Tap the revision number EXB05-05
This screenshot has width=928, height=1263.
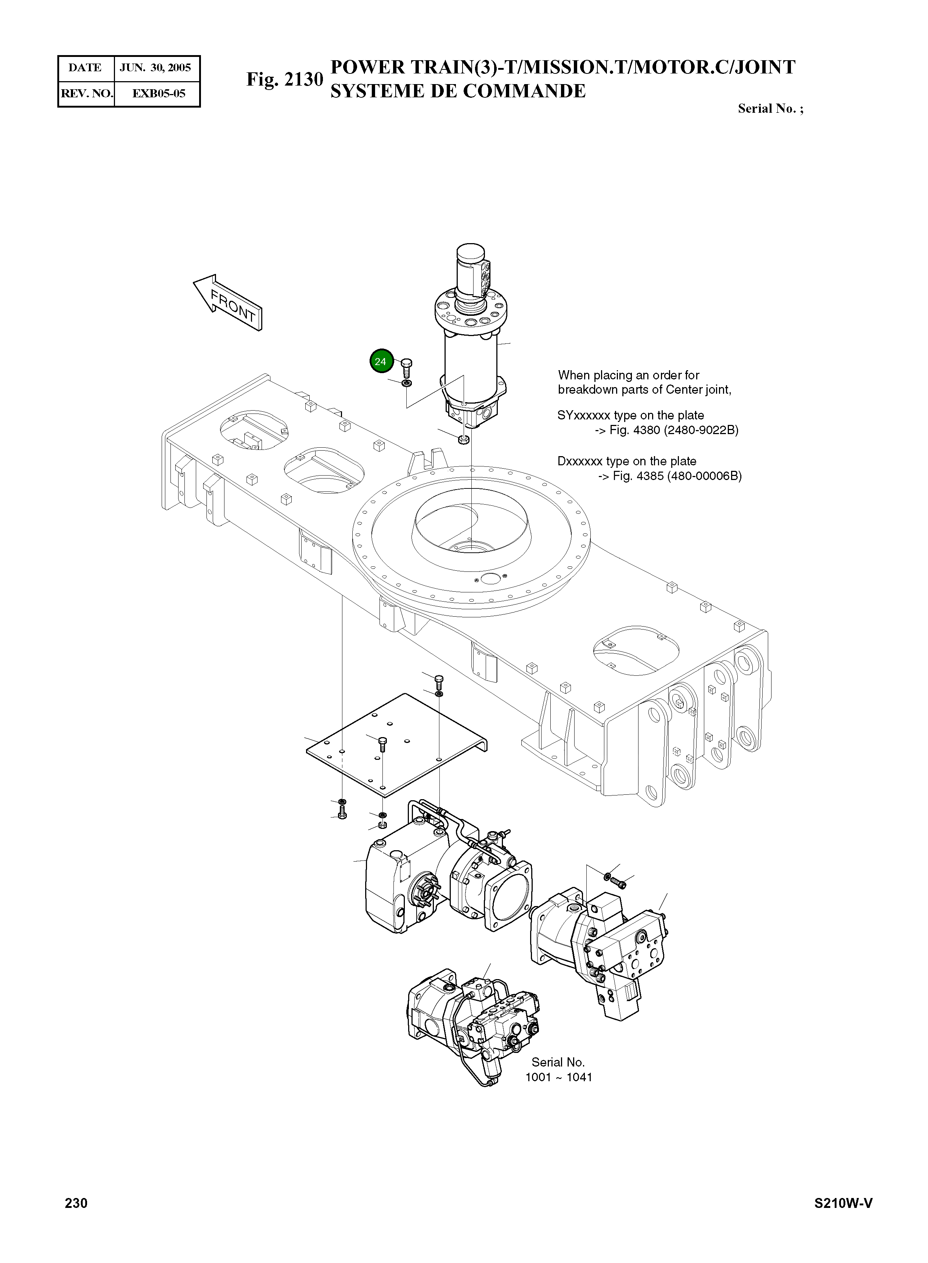click(158, 93)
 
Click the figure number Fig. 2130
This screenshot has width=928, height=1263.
click(284, 80)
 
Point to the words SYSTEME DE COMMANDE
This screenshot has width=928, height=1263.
click(457, 91)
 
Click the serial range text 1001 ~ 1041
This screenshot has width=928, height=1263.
click(558, 1077)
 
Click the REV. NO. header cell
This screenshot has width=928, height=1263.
click(86, 93)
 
